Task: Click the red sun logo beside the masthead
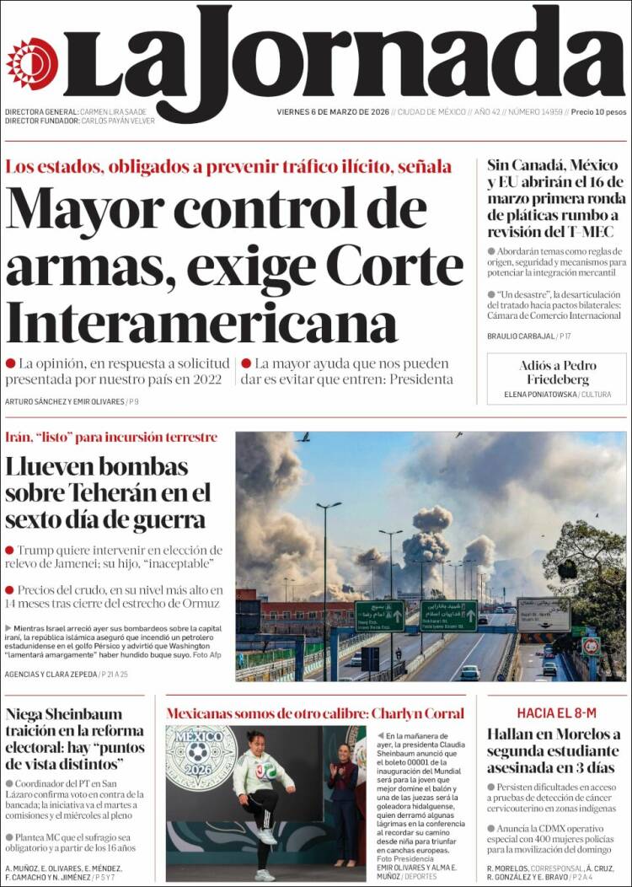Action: point(32,62)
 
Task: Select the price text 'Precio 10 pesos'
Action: point(597,112)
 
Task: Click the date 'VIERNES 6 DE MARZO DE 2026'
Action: point(332,112)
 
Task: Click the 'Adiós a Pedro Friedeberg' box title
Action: point(557,372)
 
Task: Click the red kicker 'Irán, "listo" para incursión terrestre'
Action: point(111,438)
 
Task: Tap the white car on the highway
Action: point(469,672)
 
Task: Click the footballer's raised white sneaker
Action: point(268,837)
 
